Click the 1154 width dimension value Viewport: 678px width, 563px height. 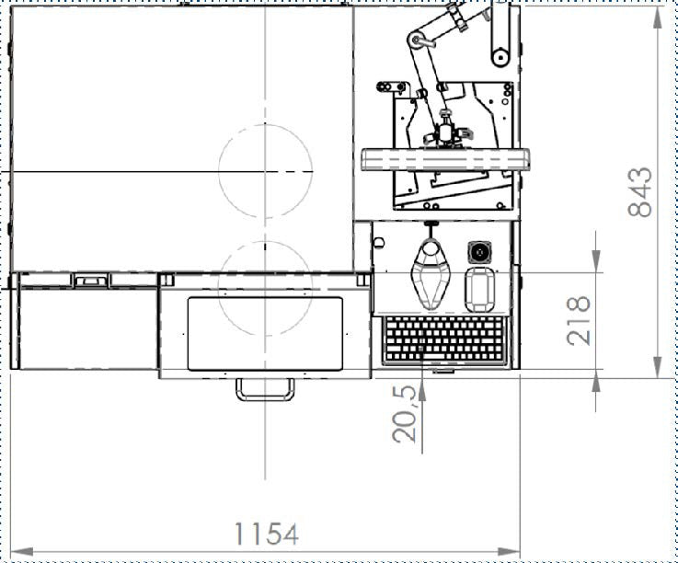pyautogui.click(x=267, y=534)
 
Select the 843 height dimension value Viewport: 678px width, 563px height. pyautogui.click(x=640, y=192)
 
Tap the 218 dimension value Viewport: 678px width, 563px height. pyautogui.click(x=579, y=320)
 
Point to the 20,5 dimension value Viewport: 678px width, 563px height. pyautogui.click(x=404, y=414)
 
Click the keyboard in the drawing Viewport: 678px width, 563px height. pyautogui.click(x=444, y=339)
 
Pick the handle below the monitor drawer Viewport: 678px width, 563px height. pyautogui.click(x=265, y=389)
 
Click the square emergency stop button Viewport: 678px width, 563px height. pyautogui.click(x=479, y=252)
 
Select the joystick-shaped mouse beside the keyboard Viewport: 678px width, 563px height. pyautogui.click(x=431, y=273)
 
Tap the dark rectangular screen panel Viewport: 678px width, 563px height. pyautogui.click(x=265, y=333)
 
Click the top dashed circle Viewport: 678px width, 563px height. pyautogui.click(x=219, y=171)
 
